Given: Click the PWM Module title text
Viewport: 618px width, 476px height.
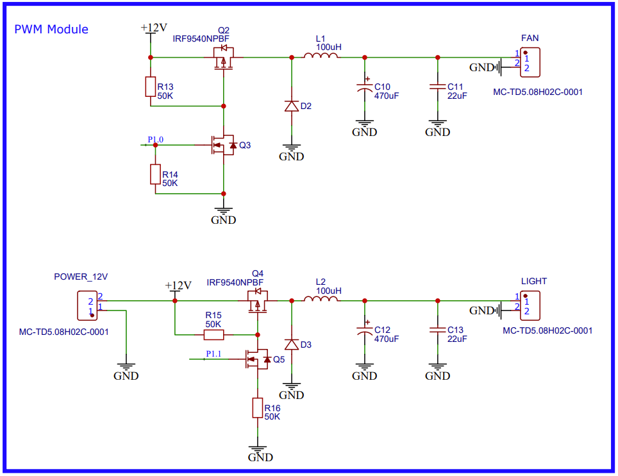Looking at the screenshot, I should (51, 30).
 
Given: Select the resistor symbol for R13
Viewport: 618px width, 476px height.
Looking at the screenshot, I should (151, 87).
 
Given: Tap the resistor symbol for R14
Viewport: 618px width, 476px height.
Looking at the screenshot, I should (155, 174).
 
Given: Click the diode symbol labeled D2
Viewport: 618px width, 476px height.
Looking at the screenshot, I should (292, 106).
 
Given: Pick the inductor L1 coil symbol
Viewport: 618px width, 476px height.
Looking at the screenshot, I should (321, 57).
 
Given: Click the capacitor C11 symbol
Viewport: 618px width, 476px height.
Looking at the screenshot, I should (438, 87).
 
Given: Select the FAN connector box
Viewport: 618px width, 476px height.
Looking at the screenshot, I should (530, 61).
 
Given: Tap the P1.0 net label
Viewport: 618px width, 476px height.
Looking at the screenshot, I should (155, 139).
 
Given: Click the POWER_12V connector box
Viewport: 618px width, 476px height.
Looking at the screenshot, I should (87, 305).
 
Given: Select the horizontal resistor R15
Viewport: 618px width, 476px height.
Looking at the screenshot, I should (213, 334).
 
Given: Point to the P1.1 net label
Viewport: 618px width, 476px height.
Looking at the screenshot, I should (213, 353).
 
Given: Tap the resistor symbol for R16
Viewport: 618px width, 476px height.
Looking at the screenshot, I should (258, 408).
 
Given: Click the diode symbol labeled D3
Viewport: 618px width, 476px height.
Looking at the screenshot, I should (292, 344).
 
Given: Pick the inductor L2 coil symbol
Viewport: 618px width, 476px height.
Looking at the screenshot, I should (321, 300).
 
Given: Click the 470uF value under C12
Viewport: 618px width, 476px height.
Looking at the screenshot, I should (387, 339).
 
